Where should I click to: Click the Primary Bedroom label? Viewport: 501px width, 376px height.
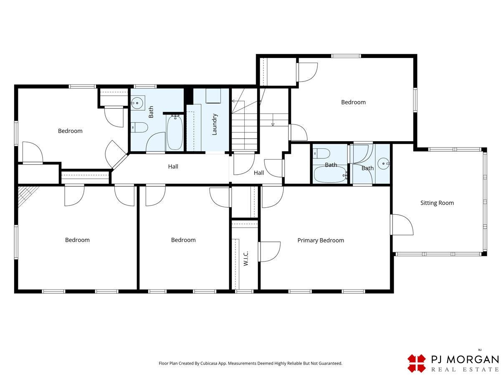pyautogui.click(x=321, y=240)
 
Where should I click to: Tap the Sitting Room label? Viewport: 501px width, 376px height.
pyautogui.click(x=437, y=203)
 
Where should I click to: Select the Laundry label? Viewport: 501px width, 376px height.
pyautogui.click(x=214, y=124)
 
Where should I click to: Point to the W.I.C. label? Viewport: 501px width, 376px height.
pyautogui.click(x=245, y=259)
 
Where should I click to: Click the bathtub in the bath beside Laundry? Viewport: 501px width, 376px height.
pyautogui.click(x=175, y=132)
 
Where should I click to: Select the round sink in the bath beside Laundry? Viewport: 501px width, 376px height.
pyautogui.click(x=137, y=103)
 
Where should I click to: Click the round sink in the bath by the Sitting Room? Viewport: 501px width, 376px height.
pyautogui.click(x=383, y=163)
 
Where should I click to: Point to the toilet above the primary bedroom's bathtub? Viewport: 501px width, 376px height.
pyautogui.click(x=321, y=153)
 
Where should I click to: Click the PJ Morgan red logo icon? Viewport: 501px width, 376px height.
pyautogui.click(x=416, y=363)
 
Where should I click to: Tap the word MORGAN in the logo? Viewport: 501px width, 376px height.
pyautogui.click(x=473, y=360)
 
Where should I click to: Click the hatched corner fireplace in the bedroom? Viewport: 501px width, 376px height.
pyautogui.click(x=27, y=195)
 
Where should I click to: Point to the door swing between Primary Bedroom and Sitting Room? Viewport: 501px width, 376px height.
pyautogui.click(x=402, y=224)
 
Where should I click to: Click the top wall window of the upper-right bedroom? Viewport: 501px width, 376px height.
pyautogui.click(x=346, y=56)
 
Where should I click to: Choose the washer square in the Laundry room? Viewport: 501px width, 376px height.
pyautogui.click(x=213, y=96)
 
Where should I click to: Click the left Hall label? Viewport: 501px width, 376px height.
pyautogui.click(x=173, y=167)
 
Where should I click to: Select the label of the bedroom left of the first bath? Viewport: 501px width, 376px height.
pyautogui.click(x=70, y=131)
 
